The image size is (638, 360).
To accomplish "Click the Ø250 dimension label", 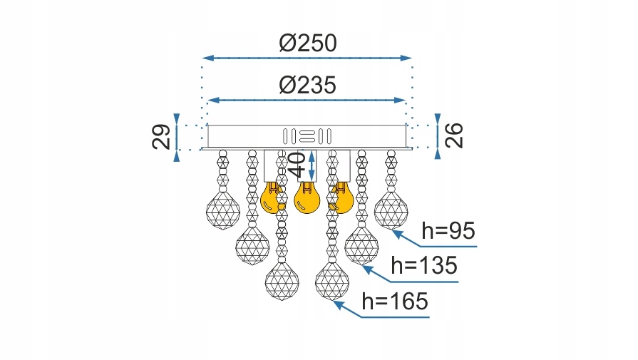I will click(x=307, y=44).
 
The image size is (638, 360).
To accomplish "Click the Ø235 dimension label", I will click(x=307, y=86).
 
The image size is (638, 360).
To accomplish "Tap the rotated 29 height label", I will click(x=163, y=137).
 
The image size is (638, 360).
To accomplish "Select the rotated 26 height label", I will click(x=455, y=134).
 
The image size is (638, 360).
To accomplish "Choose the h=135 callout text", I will click(x=424, y=267).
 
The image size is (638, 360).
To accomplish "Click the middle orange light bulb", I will click(x=307, y=198).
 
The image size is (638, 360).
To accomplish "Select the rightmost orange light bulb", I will click(x=341, y=198).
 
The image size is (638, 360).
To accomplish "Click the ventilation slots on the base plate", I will click(x=307, y=135).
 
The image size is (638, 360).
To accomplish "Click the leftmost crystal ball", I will click(x=222, y=212).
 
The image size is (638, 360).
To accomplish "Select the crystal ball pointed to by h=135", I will click(x=361, y=246).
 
